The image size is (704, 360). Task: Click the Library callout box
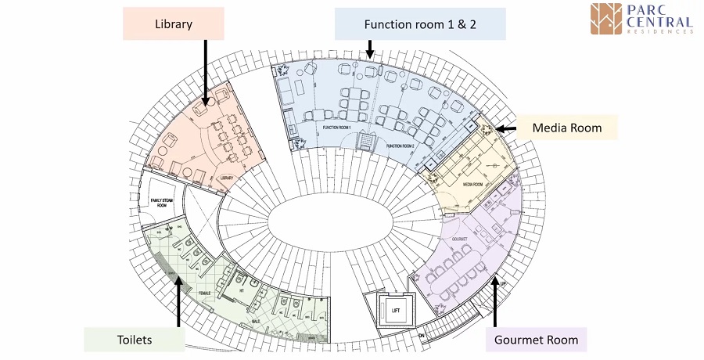pyautogui.click(x=174, y=24)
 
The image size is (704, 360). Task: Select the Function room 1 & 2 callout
pyautogui.click(x=420, y=24)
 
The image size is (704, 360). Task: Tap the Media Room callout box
pyautogui.click(x=566, y=127)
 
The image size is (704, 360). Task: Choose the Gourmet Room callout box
pyautogui.click(x=536, y=340)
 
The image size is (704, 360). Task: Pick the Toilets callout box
pyautogui.click(x=134, y=340)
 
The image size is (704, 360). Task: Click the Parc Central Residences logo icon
pyautogui.click(x=606, y=19)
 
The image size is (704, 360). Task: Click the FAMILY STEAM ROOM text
pyautogui.click(x=166, y=203)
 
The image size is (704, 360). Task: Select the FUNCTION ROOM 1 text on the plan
pyautogui.click(x=338, y=127)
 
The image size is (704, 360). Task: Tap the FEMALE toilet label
pyautogui.click(x=205, y=293)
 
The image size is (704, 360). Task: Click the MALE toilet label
pyautogui.click(x=257, y=320)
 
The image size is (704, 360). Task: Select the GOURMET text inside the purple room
pyautogui.click(x=459, y=236)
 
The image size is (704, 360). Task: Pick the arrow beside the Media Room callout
pyautogui.click(x=504, y=128)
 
